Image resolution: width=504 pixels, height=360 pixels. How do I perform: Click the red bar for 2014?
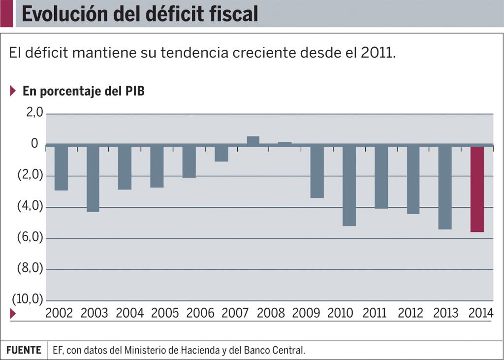pos(477,189)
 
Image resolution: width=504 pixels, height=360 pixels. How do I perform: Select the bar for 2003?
pos(93,179)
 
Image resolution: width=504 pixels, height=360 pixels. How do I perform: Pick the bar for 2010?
pos(349,186)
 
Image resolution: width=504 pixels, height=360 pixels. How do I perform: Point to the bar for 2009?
pos(317,172)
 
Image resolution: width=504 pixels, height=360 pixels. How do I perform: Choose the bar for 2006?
pos(189,162)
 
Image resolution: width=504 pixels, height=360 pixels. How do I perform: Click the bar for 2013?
pos(445,188)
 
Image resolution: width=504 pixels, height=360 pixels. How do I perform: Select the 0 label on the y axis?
pos(34,144)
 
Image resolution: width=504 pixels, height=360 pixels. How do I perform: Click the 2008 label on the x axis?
pos(271,313)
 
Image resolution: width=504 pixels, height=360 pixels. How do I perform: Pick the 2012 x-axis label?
pos(411,313)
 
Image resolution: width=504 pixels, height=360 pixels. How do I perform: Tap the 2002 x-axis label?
pos(59,313)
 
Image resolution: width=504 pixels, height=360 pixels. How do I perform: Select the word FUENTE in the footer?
pos(24,350)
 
